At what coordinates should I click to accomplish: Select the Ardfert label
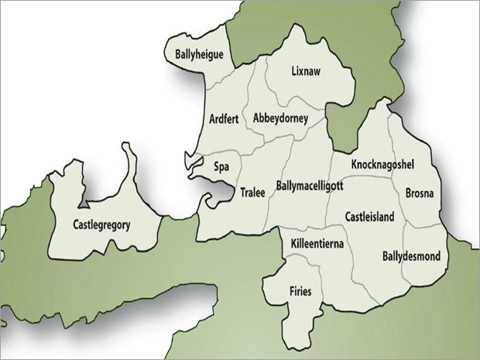(225, 118)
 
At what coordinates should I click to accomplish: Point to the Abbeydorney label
(280, 118)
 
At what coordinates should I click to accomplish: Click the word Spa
(220, 165)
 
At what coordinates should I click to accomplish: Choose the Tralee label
(253, 191)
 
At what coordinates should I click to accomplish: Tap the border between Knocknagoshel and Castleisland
(372, 177)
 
